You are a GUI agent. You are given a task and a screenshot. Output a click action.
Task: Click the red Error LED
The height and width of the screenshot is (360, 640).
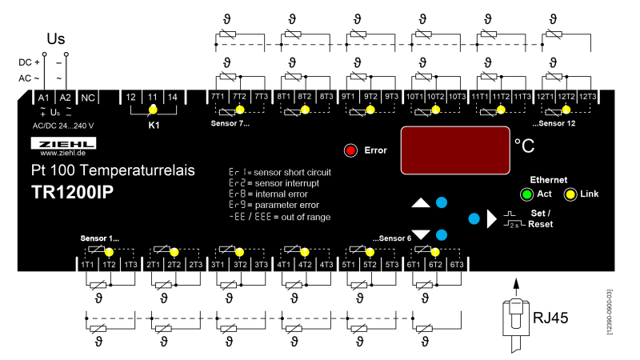click(350, 150)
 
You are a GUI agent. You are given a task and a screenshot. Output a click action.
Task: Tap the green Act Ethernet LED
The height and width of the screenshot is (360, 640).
click(526, 194)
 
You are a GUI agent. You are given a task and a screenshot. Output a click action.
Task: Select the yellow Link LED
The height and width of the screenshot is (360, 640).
click(570, 194)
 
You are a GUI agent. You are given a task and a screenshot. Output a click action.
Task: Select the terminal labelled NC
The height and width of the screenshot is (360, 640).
click(88, 97)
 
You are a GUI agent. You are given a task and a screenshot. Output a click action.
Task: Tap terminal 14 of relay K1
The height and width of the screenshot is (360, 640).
click(172, 97)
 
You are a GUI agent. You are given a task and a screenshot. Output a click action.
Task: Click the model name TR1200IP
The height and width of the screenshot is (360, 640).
click(78, 193)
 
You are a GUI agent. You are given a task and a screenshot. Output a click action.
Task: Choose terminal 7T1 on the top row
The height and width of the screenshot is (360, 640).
click(218, 97)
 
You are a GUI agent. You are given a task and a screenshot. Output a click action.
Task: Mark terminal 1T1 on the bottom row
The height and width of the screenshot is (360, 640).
click(87, 264)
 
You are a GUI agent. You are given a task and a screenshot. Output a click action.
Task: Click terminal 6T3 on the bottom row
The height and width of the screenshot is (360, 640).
click(457, 264)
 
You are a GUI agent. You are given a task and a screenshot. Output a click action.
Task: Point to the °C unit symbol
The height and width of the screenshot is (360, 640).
click(525, 146)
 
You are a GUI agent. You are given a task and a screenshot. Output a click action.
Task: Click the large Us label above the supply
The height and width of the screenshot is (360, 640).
click(56, 38)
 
